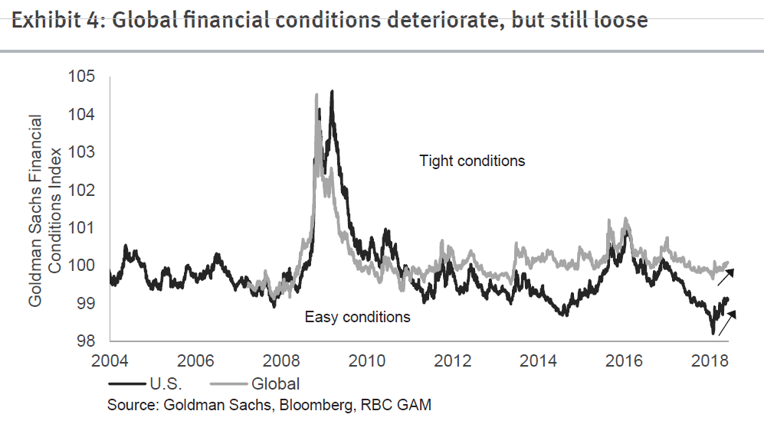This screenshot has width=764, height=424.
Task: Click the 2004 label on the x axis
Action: pos(110,360)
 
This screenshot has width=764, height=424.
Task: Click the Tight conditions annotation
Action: pos(472,161)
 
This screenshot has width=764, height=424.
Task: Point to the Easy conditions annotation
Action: pos(358,317)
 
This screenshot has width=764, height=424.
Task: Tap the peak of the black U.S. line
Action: pos(332,91)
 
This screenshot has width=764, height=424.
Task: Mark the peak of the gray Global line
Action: pos(316,94)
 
